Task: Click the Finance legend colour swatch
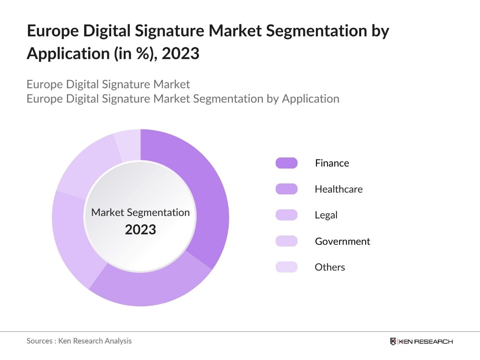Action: coord(286,163)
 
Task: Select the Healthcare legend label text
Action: coord(338,189)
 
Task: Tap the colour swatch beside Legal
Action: coord(286,215)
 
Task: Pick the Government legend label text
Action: coord(342,241)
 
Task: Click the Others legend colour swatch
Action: coord(286,267)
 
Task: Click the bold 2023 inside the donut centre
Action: coord(140,230)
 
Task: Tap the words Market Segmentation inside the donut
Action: coord(140,212)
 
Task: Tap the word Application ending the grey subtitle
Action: coord(310,98)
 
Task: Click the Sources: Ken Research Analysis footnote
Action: coord(79,341)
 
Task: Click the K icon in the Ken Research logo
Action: coord(393,341)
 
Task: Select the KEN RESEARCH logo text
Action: coord(425,341)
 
